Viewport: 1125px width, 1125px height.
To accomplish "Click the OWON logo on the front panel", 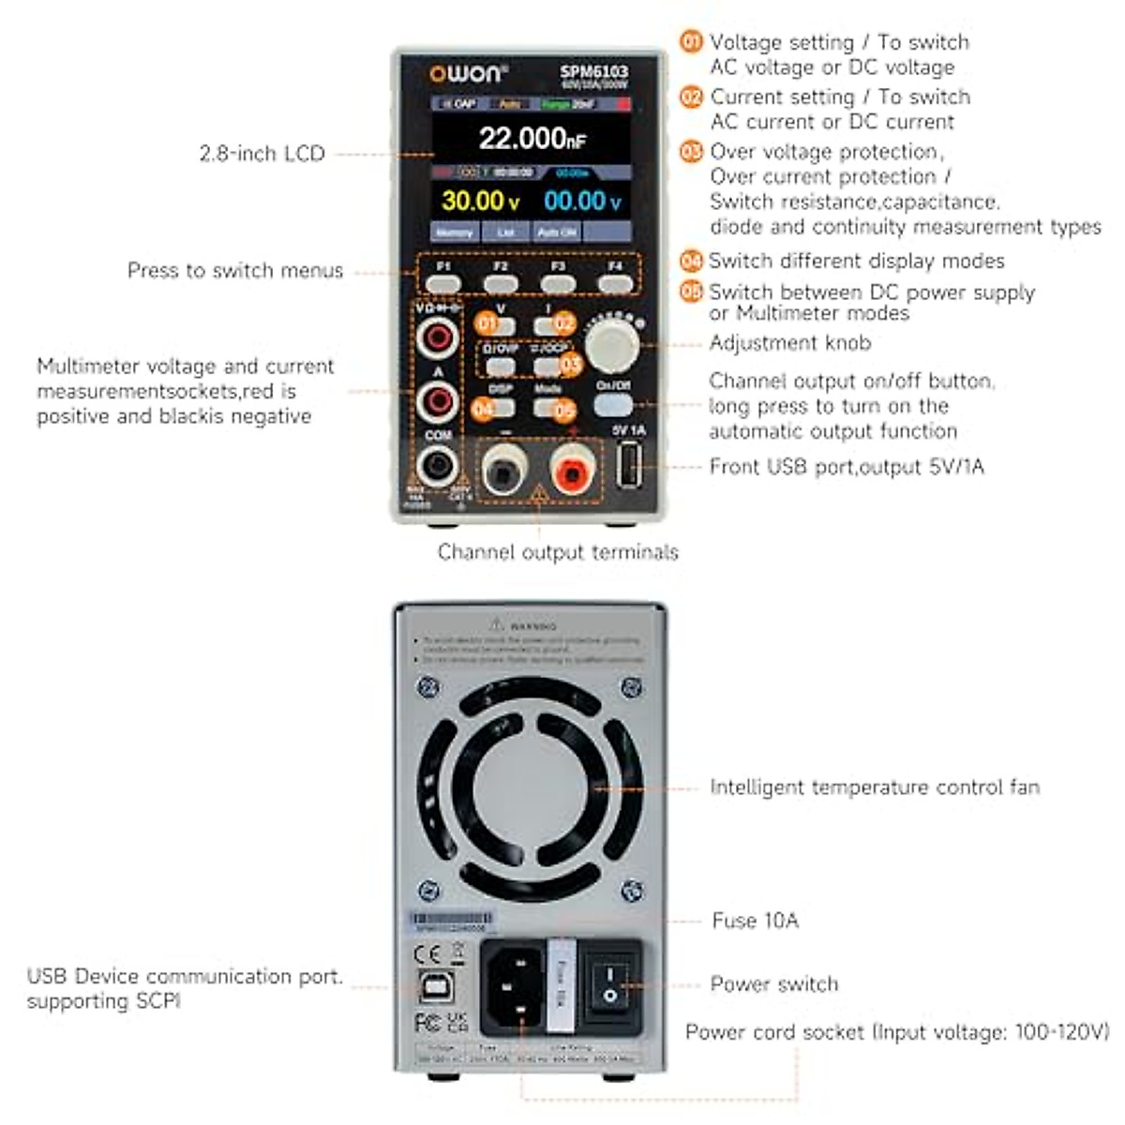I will [x=468, y=74].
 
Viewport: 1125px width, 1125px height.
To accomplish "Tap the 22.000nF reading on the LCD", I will [x=532, y=139].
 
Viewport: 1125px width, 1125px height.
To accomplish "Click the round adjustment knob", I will [x=612, y=344].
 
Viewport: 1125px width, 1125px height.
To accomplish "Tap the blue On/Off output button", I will [x=613, y=404].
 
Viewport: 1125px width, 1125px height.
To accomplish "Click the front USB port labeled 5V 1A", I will [x=629, y=464].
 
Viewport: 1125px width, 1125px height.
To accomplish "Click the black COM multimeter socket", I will [x=438, y=465].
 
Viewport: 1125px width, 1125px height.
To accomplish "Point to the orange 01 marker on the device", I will [x=487, y=323].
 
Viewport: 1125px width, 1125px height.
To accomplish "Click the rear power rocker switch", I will [x=610, y=984].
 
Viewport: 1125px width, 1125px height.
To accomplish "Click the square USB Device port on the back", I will [x=432, y=986].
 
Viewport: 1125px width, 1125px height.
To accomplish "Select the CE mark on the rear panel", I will [x=427, y=954].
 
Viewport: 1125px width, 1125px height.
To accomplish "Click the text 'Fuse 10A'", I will [x=755, y=921].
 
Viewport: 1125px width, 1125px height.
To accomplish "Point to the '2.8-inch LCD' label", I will [x=262, y=154].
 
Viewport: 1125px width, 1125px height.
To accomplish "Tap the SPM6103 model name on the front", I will [x=594, y=71].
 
